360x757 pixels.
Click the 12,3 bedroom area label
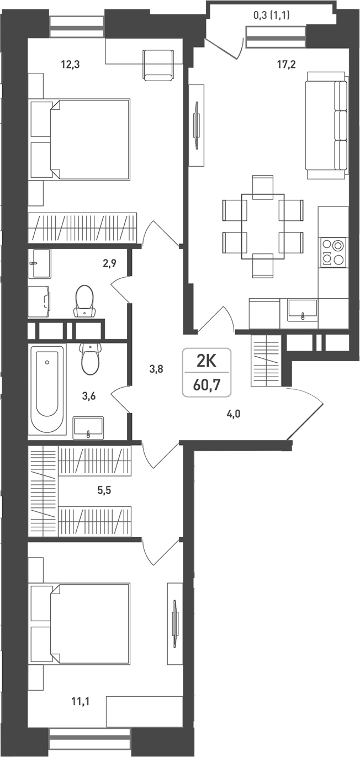coord(70,64)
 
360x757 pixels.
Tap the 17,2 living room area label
coord(287,64)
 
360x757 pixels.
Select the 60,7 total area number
coord(207,385)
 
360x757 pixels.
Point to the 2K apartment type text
coord(207,362)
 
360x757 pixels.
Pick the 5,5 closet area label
coord(104,490)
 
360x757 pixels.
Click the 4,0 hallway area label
coord(233,414)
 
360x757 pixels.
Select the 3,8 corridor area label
coord(156,369)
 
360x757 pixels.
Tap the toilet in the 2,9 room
coord(84,301)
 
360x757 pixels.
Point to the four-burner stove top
coord(333,253)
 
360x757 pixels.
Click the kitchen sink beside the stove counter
coord(302,310)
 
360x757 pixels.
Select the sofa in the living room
coord(326,125)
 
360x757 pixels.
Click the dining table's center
coord(263,226)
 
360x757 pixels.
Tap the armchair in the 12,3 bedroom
coord(158,65)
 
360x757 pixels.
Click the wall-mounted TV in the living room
coord(197,125)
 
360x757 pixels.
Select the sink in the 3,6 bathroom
coord(88,428)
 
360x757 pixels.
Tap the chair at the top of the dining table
coord(263,186)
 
